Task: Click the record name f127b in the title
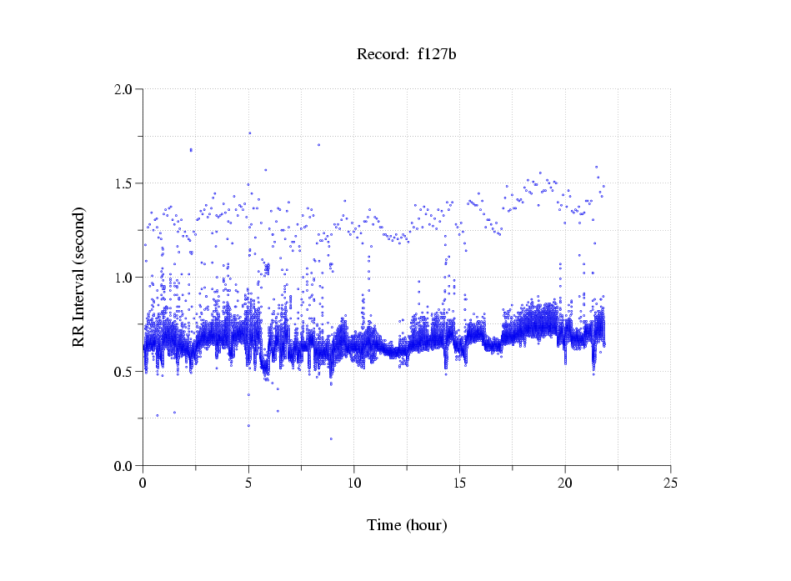437,55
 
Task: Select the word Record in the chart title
379,55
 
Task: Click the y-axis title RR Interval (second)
78,277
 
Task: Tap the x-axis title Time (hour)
407,525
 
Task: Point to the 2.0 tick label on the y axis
123,89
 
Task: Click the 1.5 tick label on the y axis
123,183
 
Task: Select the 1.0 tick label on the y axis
123,278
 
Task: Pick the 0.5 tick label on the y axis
123,372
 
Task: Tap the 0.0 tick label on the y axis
123,466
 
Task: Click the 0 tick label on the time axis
143,483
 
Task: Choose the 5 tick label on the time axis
248,483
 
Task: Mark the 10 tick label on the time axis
354,483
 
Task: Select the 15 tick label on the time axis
459,483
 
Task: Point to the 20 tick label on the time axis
565,483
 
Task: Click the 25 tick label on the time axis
670,483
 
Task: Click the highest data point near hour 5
249,133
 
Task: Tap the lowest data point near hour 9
331,438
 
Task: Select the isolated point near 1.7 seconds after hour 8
318,144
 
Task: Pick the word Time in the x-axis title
384,525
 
